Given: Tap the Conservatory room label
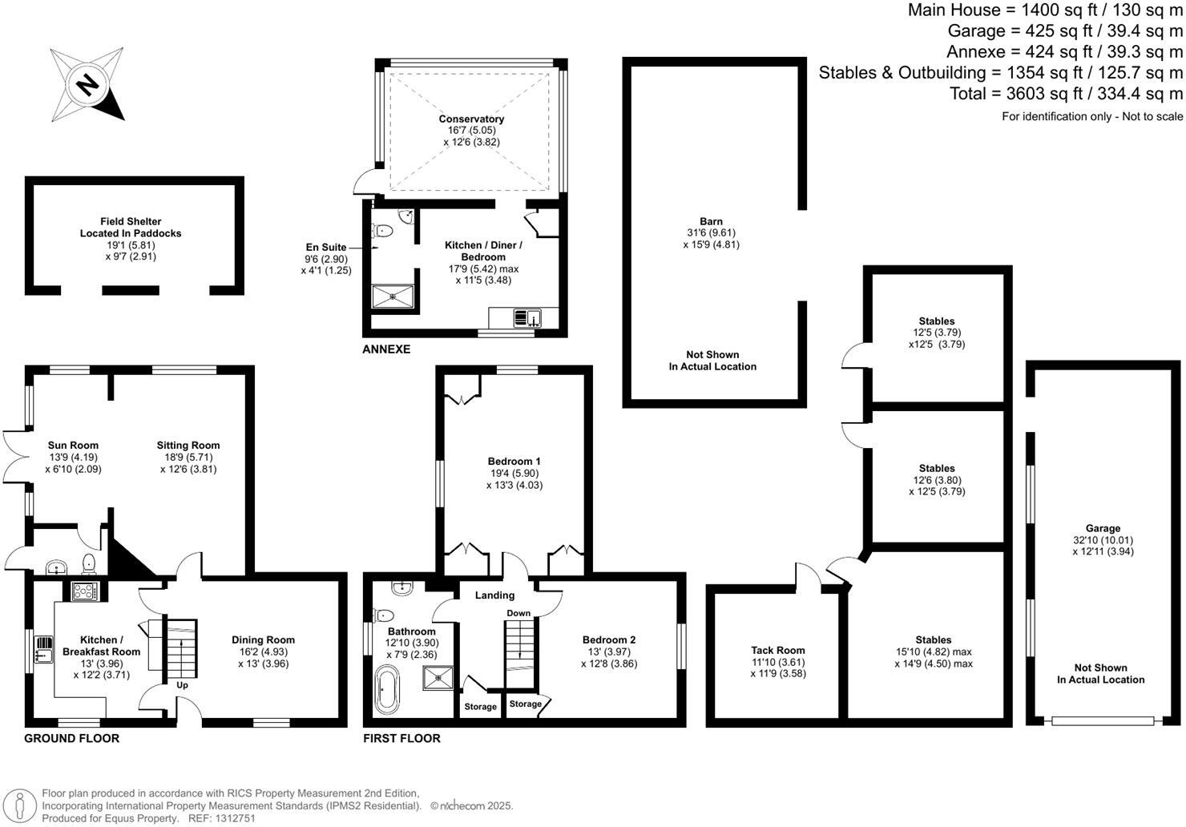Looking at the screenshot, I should tap(471, 119).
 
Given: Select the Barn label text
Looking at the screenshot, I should tap(711, 222).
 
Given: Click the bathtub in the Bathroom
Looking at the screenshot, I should tap(387, 692).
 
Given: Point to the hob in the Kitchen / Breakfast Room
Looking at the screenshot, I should tap(84, 591).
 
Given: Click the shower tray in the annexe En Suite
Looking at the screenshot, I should tap(393, 296).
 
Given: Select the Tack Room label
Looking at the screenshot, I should tap(777, 651).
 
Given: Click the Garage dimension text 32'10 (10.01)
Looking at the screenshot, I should tap(1103, 540).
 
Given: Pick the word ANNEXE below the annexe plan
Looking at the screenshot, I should tap(386, 349).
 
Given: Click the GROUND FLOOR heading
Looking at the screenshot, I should tap(71, 738).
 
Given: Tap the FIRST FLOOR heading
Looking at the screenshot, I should tap(401, 738).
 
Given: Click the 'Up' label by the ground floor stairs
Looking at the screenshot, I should tap(182, 685).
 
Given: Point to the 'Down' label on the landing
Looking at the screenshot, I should tap(518, 613).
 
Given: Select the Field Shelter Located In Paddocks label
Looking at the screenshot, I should tap(131, 228).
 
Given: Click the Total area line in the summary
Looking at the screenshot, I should tap(1065, 94).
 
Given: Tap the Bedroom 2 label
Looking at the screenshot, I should tap(608, 639).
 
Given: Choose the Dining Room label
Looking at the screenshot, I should tap(263, 639).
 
